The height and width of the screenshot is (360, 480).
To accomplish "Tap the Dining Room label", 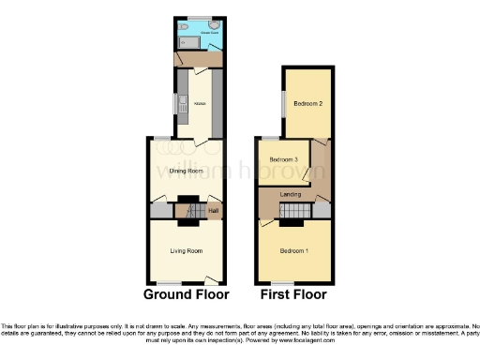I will (x=187, y=172).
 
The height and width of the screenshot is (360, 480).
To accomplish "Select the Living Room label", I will (x=187, y=250).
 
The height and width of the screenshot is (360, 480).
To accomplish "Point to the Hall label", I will (x=213, y=211).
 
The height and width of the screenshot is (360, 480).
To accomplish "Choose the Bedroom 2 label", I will (x=307, y=103).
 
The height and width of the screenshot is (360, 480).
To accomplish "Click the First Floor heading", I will (x=293, y=293).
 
